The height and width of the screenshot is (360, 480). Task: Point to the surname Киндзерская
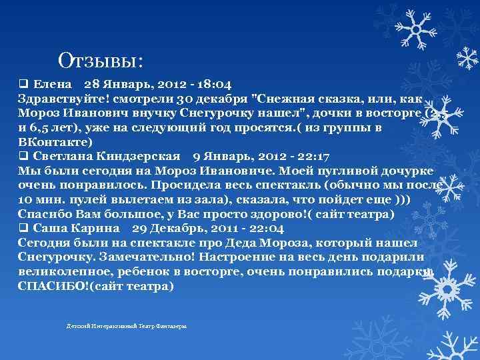tap(139, 157)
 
